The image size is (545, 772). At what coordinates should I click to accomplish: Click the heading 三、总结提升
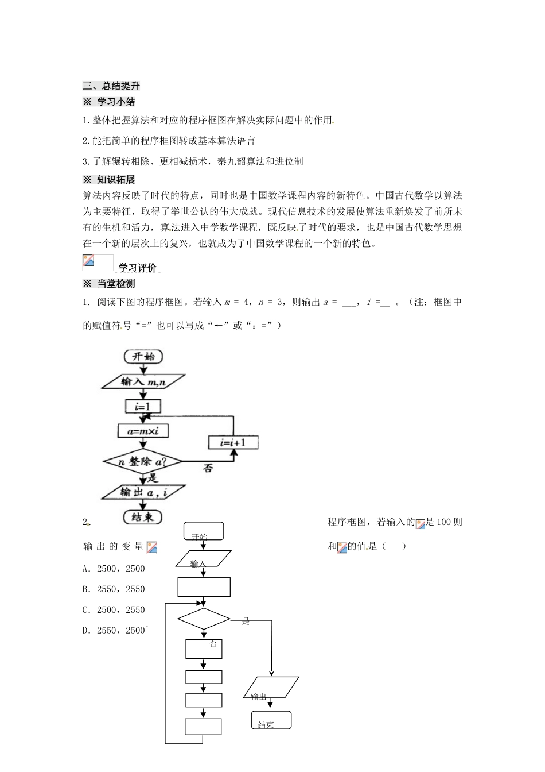coord(111,86)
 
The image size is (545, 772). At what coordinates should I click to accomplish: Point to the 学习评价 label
coord(137,268)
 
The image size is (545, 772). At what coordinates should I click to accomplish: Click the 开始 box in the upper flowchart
coord(143,356)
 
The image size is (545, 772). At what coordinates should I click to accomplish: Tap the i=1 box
coord(143,407)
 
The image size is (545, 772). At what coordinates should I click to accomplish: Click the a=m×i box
coord(143,431)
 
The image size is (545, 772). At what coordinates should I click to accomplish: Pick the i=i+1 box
coord(233,442)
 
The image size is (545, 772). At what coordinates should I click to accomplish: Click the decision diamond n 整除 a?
coord(143,461)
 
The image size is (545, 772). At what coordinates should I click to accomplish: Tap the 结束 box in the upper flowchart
coord(143,517)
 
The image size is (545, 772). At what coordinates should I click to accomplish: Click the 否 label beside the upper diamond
coord(208,468)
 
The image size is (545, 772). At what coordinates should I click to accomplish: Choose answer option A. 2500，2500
coord(114,569)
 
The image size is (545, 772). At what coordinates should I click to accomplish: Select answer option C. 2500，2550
coord(114,610)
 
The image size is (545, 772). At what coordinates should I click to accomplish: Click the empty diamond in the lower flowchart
coord(204,619)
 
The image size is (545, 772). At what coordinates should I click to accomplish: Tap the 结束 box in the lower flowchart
coord(271,721)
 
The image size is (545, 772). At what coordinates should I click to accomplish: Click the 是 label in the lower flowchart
coord(246,621)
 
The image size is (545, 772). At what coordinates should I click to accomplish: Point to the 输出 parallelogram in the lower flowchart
coord(271,688)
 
